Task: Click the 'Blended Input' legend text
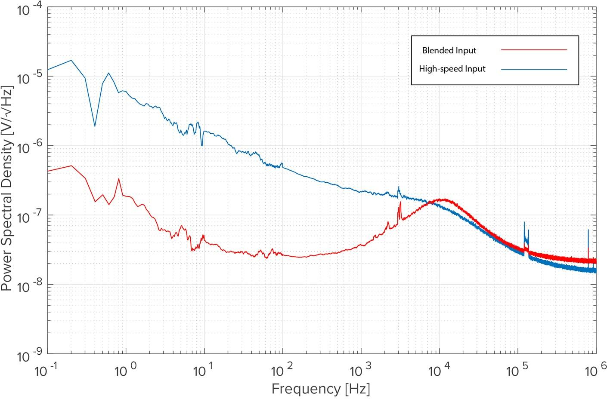point(449,50)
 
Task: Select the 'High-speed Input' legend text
point(452,69)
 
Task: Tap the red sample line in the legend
point(534,50)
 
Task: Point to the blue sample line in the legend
point(534,69)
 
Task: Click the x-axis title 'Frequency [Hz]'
point(321,389)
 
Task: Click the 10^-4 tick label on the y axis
point(29,9)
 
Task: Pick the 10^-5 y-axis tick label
point(29,78)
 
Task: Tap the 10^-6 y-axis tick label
point(29,147)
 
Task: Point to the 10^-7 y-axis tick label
point(29,216)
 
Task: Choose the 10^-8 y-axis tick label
point(29,286)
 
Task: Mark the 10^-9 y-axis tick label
point(29,356)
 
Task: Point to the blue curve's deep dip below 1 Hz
point(95,126)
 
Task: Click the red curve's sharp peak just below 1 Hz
point(119,179)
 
